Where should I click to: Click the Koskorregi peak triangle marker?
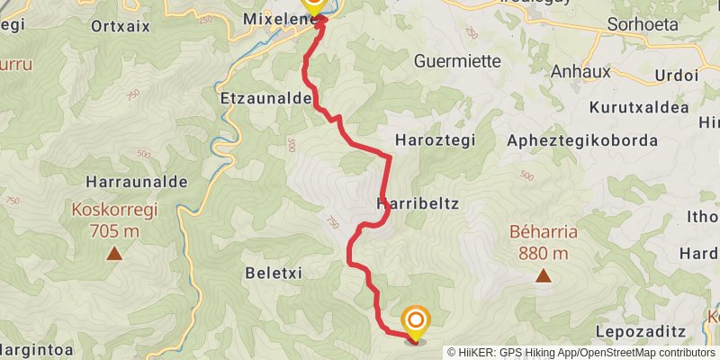pyautogui.click(x=114, y=254)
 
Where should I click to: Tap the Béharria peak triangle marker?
pyautogui.click(x=544, y=275)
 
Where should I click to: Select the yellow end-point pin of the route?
pyautogui.click(x=416, y=322)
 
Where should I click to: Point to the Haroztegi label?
pyautogui.click(x=435, y=141)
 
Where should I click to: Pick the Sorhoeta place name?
pyautogui.click(x=643, y=24)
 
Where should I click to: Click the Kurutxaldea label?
pyautogui.click(x=639, y=108)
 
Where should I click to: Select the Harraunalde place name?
pyautogui.click(x=138, y=182)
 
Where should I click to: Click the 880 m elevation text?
pyautogui.click(x=543, y=254)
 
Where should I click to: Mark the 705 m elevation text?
pyautogui.click(x=114, y=232)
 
